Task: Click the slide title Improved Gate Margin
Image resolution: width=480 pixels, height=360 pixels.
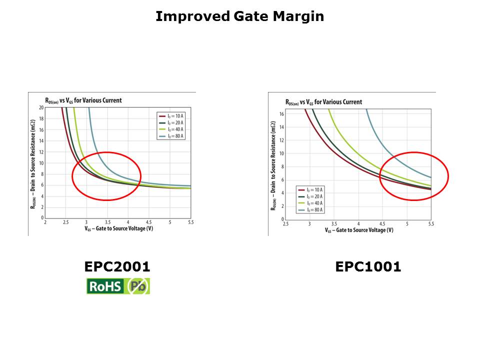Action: click(x=239, y=16)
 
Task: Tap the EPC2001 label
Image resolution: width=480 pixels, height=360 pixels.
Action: click(x=117, y=267)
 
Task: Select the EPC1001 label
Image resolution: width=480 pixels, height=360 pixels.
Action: click(x=368, y=267)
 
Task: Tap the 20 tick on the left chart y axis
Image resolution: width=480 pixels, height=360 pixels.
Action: click(x=41, y=107)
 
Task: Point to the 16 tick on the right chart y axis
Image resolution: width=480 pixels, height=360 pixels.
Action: click(x=281, y=114)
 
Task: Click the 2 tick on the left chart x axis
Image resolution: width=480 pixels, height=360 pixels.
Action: click(x=45, y=222)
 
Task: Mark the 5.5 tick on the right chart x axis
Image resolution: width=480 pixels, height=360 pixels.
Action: click(x=431, y=223)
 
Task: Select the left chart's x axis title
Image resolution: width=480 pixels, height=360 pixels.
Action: click(x=117, y=228)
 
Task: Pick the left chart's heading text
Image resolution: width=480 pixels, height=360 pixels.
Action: click(x=84, y=100)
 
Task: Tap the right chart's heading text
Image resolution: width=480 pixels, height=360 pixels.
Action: click(x=323, y=102)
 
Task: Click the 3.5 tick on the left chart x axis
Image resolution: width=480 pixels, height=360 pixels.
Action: click(x=107, y=222)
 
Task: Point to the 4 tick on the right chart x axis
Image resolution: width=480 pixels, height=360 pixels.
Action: click(x=358, y=223)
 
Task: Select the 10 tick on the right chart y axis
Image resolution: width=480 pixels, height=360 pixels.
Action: click(x=281, y=153)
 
